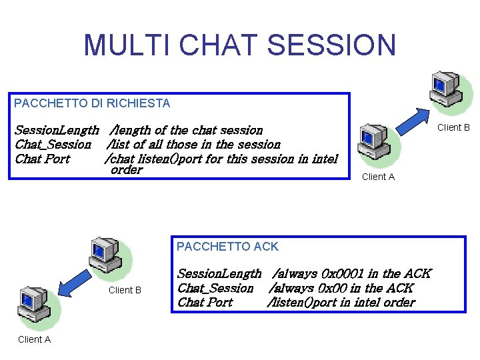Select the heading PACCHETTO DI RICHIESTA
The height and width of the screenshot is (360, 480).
92,103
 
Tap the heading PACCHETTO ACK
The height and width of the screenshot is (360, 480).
227,247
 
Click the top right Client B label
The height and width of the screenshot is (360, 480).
453,127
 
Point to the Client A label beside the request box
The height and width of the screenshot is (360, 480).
378,177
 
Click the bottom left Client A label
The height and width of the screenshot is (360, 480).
35,339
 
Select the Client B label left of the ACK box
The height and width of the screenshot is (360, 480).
125,290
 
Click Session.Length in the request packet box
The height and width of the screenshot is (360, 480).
57,130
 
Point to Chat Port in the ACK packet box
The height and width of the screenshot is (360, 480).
205,302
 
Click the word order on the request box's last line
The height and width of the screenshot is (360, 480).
127,170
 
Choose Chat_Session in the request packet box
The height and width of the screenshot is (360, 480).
53,145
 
